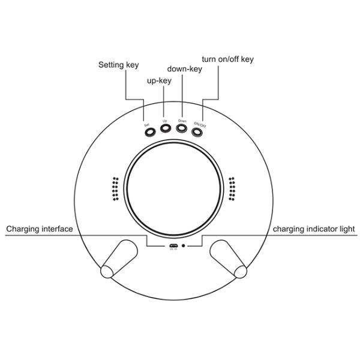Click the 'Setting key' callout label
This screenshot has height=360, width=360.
(x=119, y=64)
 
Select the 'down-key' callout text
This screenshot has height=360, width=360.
(x=184, y=69)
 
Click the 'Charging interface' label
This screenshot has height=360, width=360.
(x=40, y=229)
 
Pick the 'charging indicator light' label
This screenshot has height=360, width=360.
(x=314, y=229)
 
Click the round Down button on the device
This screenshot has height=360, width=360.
(x=182, y=128)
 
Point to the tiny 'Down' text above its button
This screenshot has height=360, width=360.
(x=182, y=121)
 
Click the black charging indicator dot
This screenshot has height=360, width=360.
(x=184, y=245)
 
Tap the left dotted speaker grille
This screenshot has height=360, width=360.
(x=113, y=189)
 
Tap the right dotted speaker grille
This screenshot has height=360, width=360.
(x=233, y=189)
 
